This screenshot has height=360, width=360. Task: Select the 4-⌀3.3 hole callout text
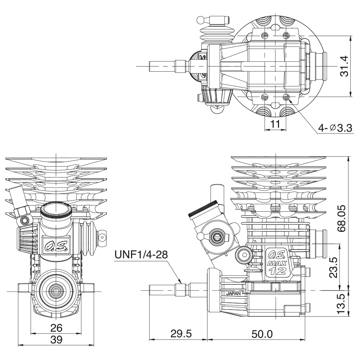(x=334, y=128)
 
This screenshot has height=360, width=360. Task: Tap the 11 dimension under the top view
(x=275, y=124)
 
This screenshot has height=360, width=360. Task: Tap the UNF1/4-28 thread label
(x=141, y=255)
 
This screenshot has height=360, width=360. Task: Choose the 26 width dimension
(x=57, y=328)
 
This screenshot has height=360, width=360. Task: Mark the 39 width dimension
(x=57, y=339)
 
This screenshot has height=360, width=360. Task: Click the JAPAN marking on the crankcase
(x=234, y=293)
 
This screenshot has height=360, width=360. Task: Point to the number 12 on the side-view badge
(x=278, y=271)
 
